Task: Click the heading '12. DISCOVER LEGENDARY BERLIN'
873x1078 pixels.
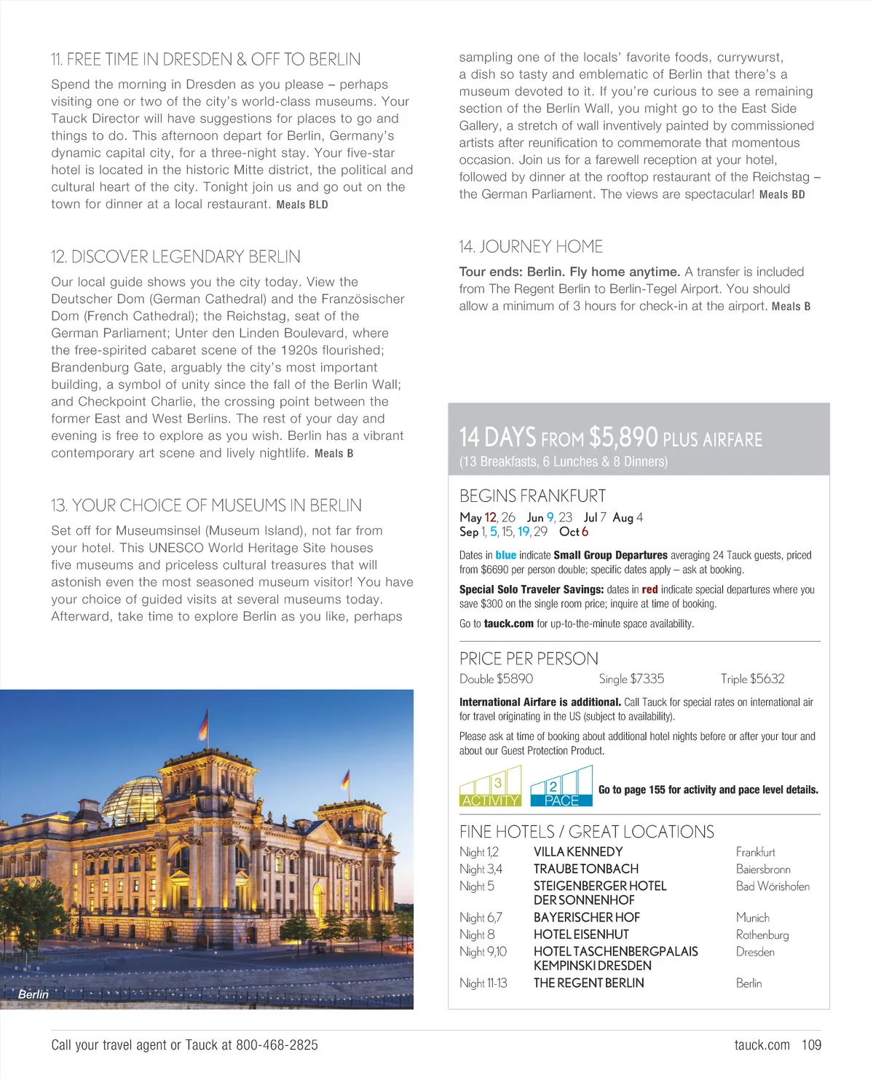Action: coord(175,257)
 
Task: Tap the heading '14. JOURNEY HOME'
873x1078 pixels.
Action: coord(531,247)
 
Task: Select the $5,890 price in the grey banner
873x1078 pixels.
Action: coord(623,437)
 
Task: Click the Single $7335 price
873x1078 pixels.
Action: coord(631,679)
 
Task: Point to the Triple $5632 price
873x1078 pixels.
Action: coord(752,679)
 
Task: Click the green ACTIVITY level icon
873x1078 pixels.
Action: coord(490,787)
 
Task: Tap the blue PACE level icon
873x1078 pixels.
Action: coord(561,787)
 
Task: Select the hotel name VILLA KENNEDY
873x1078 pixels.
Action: coord(578,852)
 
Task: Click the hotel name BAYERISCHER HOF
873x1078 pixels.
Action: coord(587,918)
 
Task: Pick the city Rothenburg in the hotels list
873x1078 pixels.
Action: coord(762,935)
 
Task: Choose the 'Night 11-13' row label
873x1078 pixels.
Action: coord(483,983)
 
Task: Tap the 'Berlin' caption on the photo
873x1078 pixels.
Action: coord(33,994)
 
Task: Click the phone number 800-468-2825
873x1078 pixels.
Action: coord(277,1045)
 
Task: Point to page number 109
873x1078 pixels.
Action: coord(811,1045)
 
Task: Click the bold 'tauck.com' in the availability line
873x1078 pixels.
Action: coord(508,623)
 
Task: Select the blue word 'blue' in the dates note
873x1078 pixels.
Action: coord(505,555)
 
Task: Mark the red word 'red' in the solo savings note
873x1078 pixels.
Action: coord(649,590)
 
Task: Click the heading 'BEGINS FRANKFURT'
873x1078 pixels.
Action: coord(532,496)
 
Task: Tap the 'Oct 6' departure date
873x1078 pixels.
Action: coord(574,532)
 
